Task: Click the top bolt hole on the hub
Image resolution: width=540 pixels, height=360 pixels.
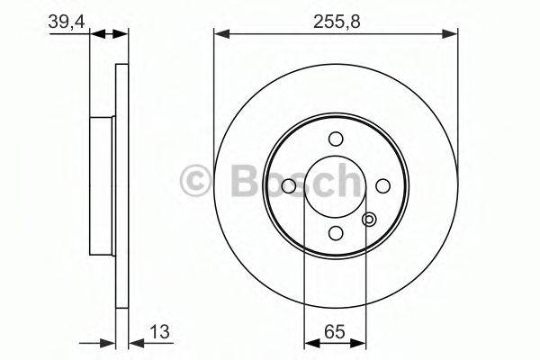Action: tap(336, 139)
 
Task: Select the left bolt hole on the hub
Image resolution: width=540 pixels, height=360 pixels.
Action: tap(289, 185)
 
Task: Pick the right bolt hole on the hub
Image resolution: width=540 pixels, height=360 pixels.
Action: tap(382, 185)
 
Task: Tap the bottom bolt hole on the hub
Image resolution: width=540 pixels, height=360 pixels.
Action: tap(336, 232)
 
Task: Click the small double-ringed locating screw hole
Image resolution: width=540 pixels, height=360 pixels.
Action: tap(368, 219)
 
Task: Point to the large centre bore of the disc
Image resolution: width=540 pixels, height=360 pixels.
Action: tap(336, 185)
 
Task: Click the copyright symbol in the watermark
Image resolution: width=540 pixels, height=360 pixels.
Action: tap(196, 180)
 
